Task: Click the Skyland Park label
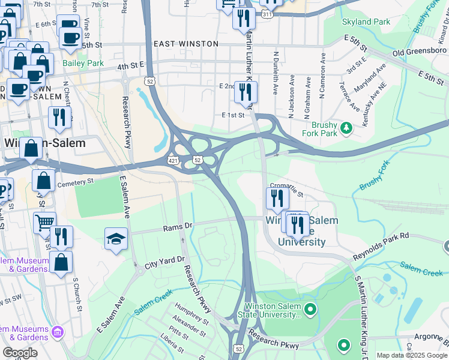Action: pos(366,22)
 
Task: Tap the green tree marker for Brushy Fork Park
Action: pos(346,127)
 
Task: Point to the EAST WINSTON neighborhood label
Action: pos(186,44)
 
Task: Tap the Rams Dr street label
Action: pos(176,228)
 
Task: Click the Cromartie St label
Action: pos(288,186)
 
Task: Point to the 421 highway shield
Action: pos(173,161)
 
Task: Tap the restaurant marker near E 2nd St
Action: pos(246,92)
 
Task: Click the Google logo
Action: pos(20,352)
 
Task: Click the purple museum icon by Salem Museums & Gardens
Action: pos(58,331)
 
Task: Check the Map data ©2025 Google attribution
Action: pos(412,355)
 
